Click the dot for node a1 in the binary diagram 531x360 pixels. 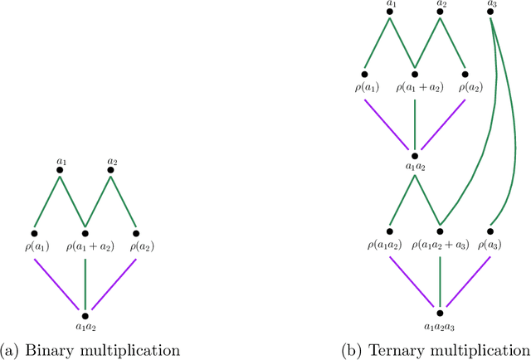point(60,169)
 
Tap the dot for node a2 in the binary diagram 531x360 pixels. point(110,169)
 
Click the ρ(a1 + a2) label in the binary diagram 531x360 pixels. point(85,246)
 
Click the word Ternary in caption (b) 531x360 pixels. point(400,348)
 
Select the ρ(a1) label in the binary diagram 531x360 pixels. point(35,246)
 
